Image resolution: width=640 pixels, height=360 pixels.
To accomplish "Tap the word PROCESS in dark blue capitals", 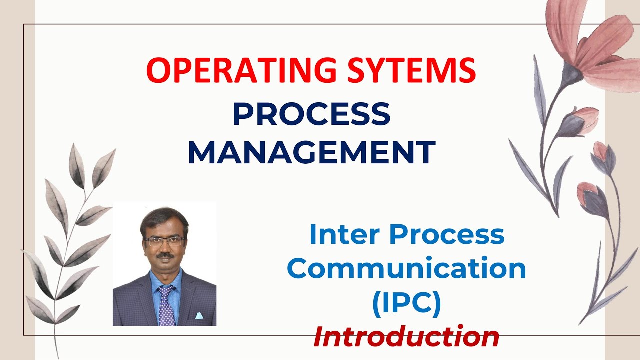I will click(311, 114).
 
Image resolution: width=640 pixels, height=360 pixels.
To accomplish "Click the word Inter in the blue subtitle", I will click(344, 235).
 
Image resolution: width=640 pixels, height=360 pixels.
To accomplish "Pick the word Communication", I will click(406, 269).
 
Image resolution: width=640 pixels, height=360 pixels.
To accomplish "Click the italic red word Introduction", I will click(406, 336).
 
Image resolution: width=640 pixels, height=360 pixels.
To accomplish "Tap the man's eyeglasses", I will click(164, 241).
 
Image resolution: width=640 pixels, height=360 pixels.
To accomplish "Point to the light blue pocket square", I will click(198, 316).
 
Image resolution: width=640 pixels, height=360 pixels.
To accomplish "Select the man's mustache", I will click(164, 256).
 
